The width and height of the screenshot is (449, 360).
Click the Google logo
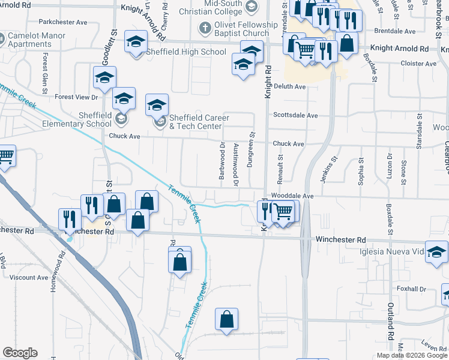pos(20,353)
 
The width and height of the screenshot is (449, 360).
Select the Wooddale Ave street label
pos(292,196)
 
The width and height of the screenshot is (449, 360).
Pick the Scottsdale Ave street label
pos(295,115)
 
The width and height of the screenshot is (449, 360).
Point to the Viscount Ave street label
pos(28,278)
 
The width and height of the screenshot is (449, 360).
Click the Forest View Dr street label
pos(76,97)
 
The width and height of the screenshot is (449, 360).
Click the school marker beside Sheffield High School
pos(136,43)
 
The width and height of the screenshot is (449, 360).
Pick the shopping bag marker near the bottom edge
pos(227,320)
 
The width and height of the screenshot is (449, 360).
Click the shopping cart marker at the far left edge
pos(5,157)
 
